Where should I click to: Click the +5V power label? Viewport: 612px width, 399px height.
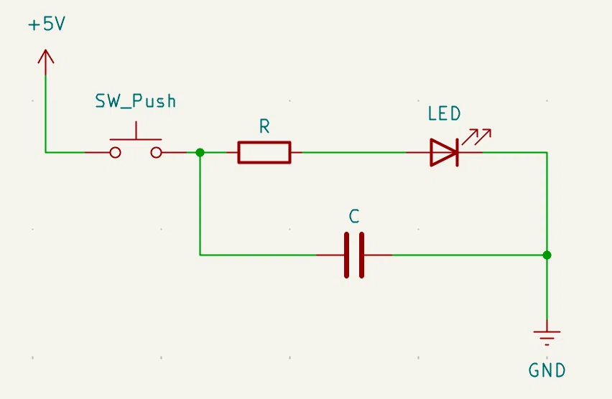47,24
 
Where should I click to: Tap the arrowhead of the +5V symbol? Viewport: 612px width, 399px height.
46,56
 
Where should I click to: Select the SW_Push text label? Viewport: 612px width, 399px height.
136,101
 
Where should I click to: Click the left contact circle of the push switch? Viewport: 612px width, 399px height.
115,153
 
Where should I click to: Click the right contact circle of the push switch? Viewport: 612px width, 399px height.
156,153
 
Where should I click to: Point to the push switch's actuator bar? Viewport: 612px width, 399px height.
136,139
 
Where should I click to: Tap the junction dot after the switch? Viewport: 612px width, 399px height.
200,153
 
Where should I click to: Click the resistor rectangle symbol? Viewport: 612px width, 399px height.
264,153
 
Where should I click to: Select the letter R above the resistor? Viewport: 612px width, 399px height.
264,126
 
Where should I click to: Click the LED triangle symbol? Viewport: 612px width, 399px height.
443,153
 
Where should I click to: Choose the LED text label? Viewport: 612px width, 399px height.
444,113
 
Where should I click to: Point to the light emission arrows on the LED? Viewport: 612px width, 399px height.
476,136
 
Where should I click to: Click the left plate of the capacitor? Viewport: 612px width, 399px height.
347,255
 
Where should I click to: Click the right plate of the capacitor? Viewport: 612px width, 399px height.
362,255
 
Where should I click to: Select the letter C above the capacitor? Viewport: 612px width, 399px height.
354,217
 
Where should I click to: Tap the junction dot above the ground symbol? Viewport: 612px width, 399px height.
547,255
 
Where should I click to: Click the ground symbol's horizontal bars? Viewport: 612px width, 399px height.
547,338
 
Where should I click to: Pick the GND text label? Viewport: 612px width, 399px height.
547,370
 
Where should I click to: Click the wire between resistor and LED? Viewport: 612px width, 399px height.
354,153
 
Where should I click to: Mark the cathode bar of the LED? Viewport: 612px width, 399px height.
457,153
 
